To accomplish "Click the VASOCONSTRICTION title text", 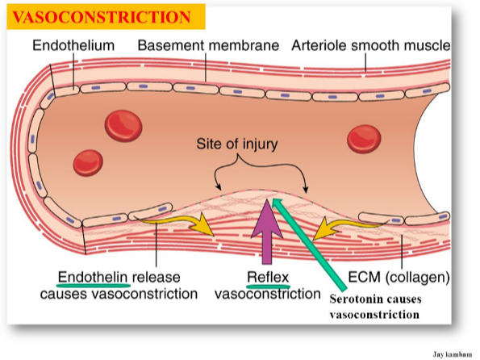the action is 102,17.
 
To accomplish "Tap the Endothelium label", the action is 73,45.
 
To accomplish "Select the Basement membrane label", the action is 208,45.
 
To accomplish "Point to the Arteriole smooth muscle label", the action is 371,45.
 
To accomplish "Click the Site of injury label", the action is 237,144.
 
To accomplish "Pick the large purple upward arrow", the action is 267,232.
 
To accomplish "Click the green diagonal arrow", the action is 309,244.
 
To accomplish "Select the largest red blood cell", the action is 123,126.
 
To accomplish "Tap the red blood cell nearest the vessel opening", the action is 364,139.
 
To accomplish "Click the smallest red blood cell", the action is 88,163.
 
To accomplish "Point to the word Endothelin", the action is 93,278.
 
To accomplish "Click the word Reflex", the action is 268,278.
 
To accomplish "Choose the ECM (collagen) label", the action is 399,277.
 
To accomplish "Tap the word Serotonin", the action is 353,299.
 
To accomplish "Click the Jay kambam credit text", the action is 452,354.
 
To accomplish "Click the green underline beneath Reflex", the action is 268,287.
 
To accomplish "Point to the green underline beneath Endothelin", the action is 94,286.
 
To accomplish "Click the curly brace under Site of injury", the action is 261,165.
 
